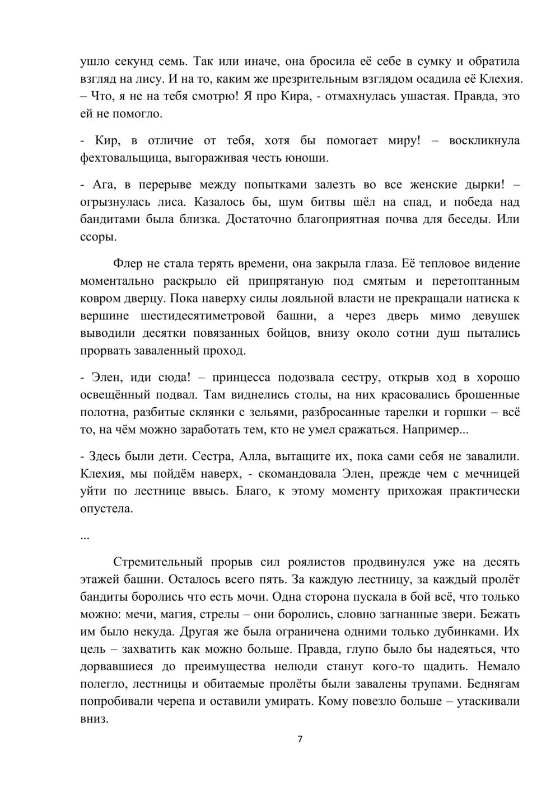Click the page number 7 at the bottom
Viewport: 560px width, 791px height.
click(300, 740)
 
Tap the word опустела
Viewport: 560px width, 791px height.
click(106, 509)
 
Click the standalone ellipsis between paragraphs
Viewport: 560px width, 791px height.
click(85, 536)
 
